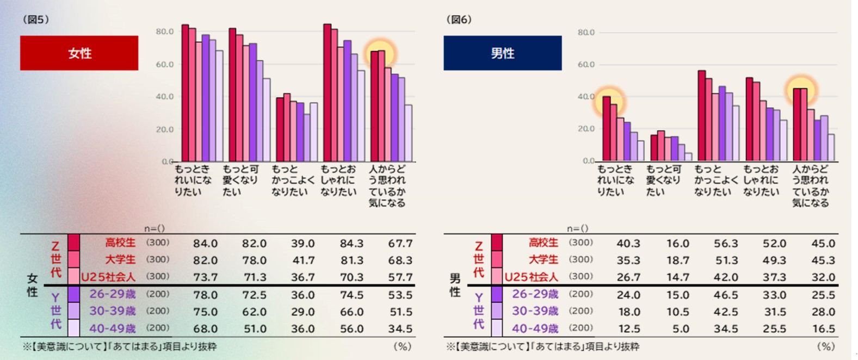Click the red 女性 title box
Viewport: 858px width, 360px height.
point(79,53)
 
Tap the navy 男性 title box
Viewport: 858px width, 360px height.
point(502,53)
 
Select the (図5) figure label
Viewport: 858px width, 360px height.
point(36,20)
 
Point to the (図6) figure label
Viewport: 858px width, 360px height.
point(459,20)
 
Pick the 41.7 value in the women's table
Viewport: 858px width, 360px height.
point(303,260)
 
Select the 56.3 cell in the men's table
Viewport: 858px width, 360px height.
point(726,244)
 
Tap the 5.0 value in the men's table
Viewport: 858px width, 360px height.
point(680,328)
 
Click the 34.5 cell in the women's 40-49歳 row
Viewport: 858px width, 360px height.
point(400,328)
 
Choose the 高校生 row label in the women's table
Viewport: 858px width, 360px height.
point(120,243)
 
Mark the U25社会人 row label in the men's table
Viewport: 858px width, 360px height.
point(531,277)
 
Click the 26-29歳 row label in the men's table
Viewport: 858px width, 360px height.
point(535,294)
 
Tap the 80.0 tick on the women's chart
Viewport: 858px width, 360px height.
point(164,32)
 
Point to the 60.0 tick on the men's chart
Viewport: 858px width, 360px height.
point(586,65)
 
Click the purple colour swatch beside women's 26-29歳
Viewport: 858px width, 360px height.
point(73,294)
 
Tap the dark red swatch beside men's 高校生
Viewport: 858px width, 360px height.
point(497,243)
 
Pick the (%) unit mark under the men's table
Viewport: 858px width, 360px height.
point(825,346)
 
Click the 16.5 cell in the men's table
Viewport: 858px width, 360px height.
point(823,328)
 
